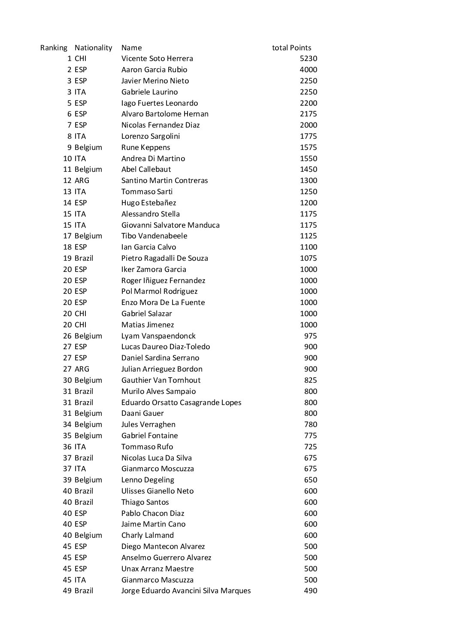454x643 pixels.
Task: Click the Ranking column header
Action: (x=54, y=48)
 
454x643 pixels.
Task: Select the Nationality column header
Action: (x=93, y=48)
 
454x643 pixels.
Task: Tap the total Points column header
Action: (x=291, y=48)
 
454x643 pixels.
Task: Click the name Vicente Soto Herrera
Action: (x=157, y=58)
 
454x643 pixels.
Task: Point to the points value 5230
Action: (x=309, y=58)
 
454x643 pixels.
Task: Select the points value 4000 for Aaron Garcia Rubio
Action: (x=309, y=70)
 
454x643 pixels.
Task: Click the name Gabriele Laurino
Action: (x=149, y=92)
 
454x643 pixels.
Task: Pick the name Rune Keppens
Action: (x=145, y=147)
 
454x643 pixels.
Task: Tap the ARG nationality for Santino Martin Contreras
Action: (x=82, y=180)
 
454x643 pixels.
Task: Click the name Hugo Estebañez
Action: (x=148, y=203)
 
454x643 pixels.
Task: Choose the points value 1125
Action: (x=309, y=236)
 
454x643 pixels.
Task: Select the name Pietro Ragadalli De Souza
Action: (x=164, y=258)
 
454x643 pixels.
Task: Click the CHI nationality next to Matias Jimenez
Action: (x=80, y=325)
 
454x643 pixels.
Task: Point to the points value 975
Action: (x=311, y=336)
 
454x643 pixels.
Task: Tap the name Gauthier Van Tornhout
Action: (x=161, y=380)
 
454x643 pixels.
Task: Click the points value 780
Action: (x=311, y=424)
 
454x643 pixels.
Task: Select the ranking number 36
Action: (x=67, y=447)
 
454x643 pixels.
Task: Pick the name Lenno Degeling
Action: (x=148, y=480)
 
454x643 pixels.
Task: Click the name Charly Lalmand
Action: (x=148, y=535)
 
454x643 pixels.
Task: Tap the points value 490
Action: (x=311, y=591)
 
